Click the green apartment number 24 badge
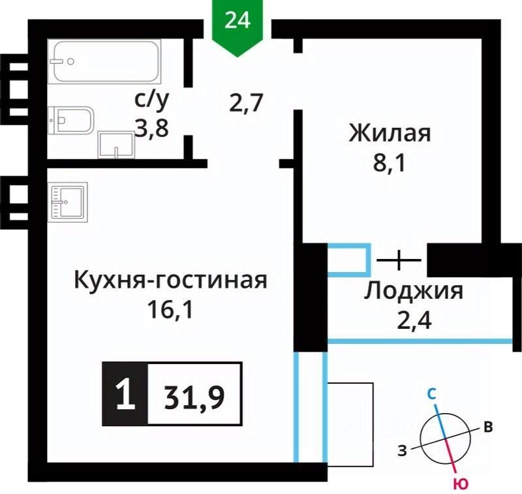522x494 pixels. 238,21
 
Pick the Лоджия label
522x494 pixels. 414,290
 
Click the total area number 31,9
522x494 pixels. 195,394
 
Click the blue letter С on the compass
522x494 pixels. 432,394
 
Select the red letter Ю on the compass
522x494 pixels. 461,483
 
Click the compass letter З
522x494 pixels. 404,450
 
